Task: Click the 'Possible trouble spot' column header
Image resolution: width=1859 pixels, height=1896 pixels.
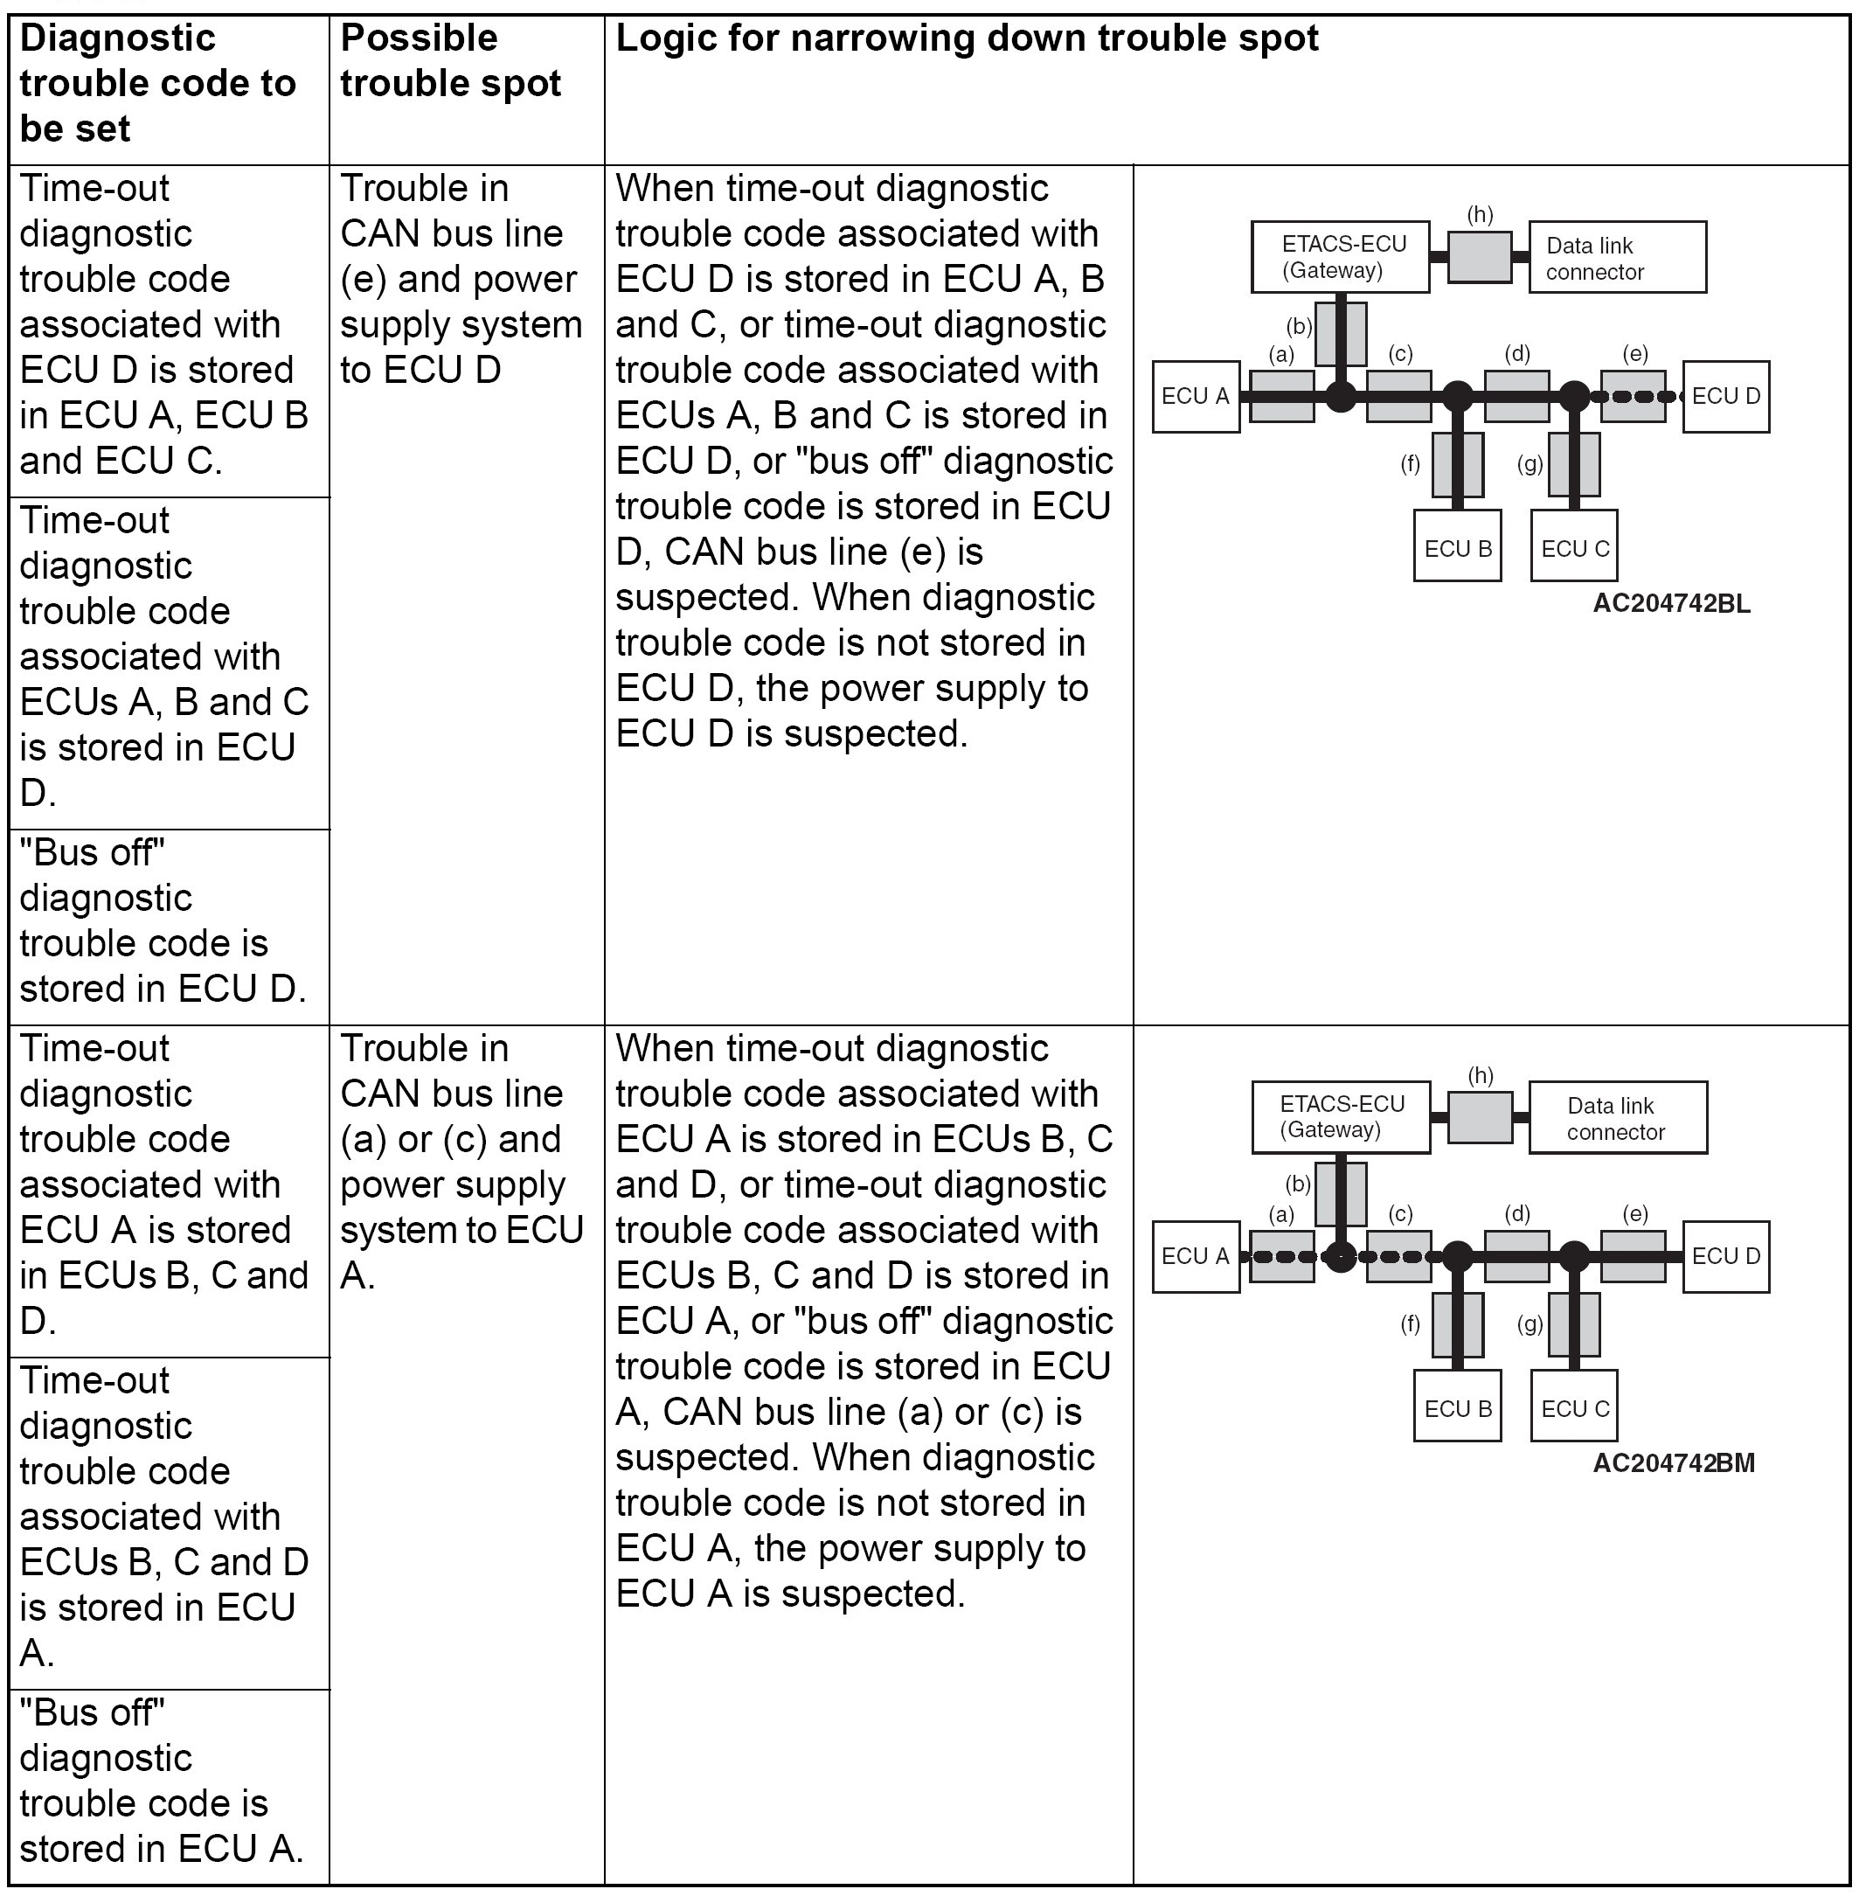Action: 450,60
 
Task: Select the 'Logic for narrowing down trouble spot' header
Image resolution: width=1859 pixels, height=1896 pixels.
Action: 967,39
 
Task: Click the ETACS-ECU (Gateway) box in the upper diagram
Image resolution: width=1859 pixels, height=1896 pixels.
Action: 1340,258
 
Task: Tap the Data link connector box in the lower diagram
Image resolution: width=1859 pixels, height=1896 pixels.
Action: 1617,1118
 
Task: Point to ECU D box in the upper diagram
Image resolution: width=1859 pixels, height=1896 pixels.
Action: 1725,396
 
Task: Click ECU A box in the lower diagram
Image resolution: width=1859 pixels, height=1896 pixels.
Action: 1195,1256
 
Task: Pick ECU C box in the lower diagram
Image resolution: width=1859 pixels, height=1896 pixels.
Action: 1574,1408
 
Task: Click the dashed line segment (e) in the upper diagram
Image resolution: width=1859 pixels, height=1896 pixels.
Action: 1634,396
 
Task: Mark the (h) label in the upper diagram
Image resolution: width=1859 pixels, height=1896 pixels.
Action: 1481,215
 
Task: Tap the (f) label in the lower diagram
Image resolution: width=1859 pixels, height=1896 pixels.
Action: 1410,1324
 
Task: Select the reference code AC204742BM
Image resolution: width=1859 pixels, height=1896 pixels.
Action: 1674,1463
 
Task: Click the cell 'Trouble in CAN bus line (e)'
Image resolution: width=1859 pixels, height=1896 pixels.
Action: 460,279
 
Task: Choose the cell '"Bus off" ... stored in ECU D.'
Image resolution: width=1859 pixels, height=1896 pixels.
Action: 163,920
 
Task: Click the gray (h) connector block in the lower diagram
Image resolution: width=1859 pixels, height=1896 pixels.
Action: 1481,1117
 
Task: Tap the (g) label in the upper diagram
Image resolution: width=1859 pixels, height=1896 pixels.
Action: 1530,464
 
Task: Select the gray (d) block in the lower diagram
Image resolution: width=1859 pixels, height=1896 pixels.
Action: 1516,1256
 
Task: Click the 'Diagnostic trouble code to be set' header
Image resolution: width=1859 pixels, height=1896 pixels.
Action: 157,84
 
